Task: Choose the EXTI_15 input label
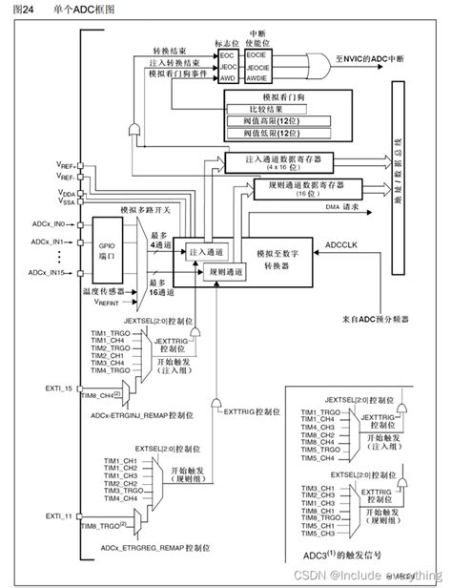point(59,388)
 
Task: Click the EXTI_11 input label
point(59,515)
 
